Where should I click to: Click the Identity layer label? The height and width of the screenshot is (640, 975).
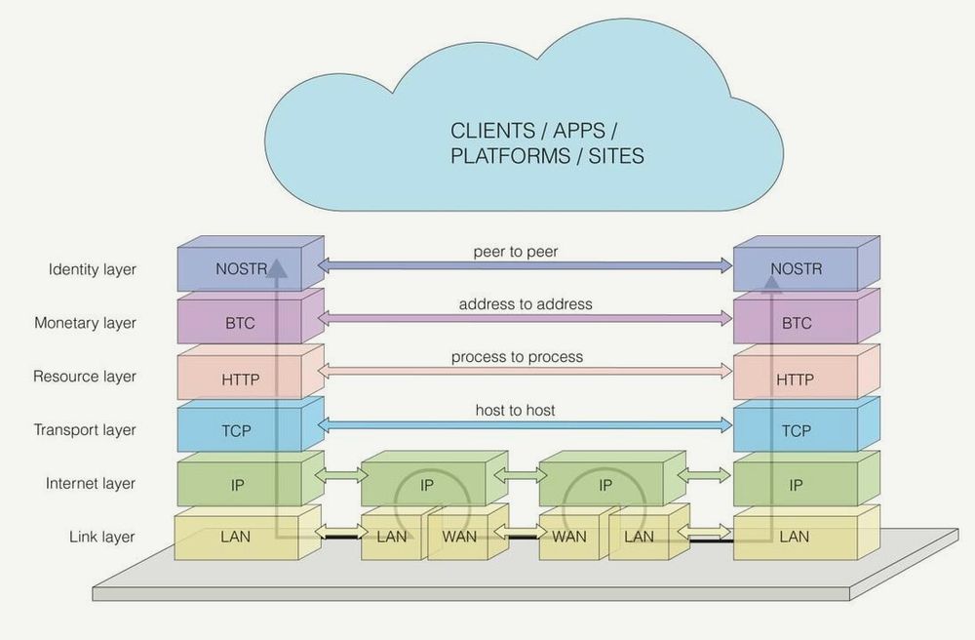tap(93, 269)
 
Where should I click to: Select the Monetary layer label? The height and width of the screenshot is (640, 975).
tap(85, 323)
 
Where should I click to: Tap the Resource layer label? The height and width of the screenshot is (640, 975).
tap(85, 377)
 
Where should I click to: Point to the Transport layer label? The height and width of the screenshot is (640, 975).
tap(85, 430)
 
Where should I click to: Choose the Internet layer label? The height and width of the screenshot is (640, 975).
tap(91, 484)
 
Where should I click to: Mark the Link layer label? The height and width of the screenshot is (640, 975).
tap(102, 537)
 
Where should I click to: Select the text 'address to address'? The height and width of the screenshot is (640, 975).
tap(526, 304)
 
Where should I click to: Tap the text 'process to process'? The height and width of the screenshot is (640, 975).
tap(517, 357)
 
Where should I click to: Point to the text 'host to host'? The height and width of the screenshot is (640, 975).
tap(515, 411)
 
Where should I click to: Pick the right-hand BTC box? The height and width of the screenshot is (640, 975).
tap(796, 324)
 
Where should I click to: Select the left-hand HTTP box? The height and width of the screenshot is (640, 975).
tap(240, 378)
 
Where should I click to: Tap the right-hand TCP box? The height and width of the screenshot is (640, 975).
tap(796, 431)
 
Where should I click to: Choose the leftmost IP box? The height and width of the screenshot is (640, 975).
tap(240, 485)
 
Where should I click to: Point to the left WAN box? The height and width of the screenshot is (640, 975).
tap(459, 538)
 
